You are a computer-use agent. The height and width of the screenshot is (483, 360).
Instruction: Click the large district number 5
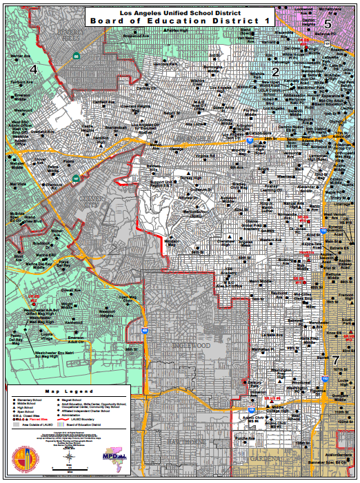point(328,24)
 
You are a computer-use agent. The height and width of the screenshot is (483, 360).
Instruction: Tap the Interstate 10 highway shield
point(253,139)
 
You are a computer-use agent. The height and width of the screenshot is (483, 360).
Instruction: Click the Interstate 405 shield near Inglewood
point(144,331)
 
